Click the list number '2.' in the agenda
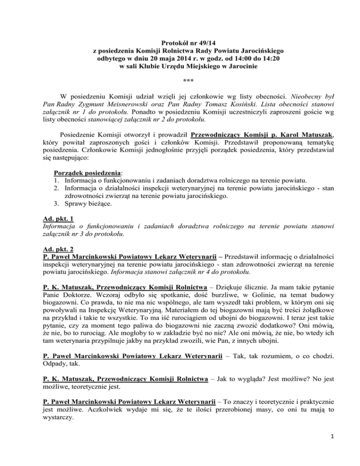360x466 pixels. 57,202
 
